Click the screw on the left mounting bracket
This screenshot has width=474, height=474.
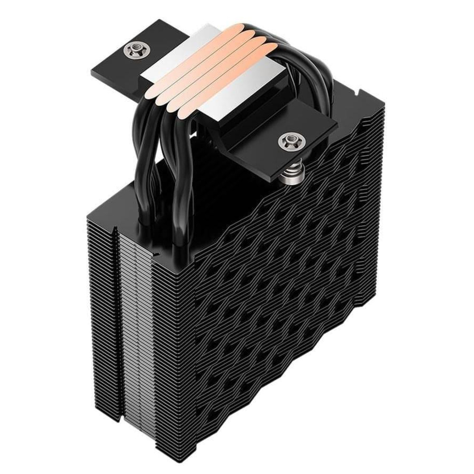coord(139,48)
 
